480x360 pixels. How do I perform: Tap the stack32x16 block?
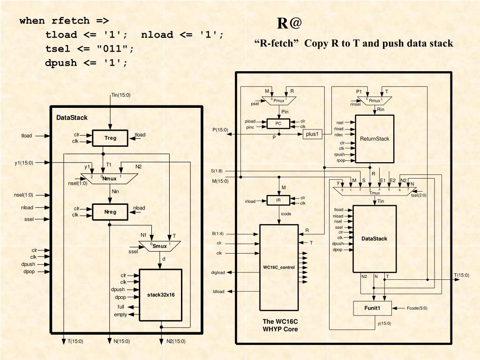[x=161, y=295]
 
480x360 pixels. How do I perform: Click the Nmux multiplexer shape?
[x=109, y=179]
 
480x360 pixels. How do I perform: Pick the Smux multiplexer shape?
[x=160, y=245]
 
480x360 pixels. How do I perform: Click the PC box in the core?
[x=278, y=124]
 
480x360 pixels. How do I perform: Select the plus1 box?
[x=312, y=134]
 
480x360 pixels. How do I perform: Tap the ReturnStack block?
[x=375, y=139]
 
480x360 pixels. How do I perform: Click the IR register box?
[x=278, y=200]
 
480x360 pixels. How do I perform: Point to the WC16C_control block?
[x=279, y=267]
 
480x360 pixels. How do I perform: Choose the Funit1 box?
[x=372, y=308]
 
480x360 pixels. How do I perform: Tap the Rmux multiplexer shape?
[x=374, y=101]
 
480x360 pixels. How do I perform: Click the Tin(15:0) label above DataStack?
[x=120, y=95]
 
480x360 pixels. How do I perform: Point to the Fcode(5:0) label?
[x=417, y=308]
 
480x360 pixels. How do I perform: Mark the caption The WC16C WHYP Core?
[x=280, y=325]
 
